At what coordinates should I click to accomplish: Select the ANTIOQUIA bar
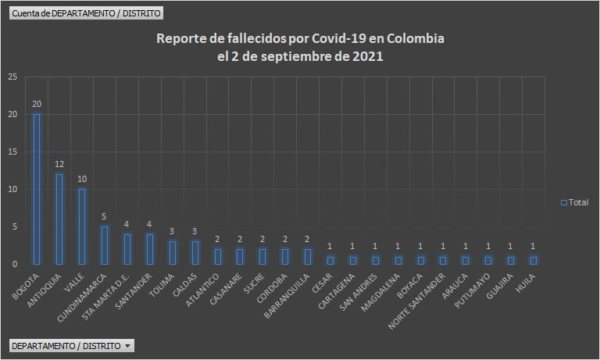click(x=59, y=219)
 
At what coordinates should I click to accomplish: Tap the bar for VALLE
click(x=82, y=226)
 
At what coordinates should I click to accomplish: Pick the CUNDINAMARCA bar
click(x=105, y=245)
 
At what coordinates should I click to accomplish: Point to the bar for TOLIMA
click(x=173, y=252)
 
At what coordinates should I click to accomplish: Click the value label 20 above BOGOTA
click(x=37, y=104)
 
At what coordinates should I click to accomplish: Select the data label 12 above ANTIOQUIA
click(x=59, y=164)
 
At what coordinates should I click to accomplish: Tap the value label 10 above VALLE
click(x=82, y=179)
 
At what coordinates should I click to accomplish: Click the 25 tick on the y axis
click(x=12, y=77)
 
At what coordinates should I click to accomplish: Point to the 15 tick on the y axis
click(x=12, y=151)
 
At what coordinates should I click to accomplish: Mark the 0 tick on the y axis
click(x=14, y=264)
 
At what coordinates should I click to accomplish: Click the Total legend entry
click(x=574, y=202)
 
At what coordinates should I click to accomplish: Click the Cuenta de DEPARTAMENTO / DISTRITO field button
click(x=86, y=13)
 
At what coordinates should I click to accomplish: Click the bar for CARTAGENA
click(x=353, y=260)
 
